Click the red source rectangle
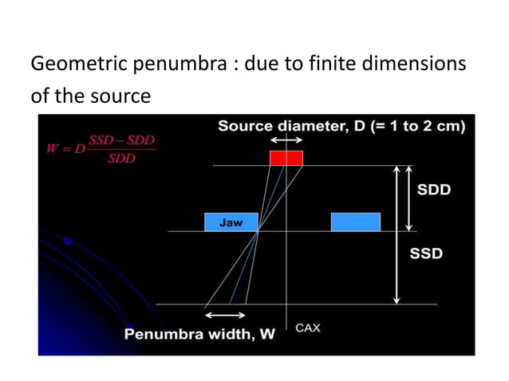point(286,157)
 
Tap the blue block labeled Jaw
point(231,222)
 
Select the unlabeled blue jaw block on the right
point(356,222)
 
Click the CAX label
point(309,328)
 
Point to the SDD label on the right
point(434,190)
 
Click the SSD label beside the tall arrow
point(427,254)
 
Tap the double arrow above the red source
point(286,140)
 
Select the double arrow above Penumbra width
point(224,316)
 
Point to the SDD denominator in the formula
point(121,158)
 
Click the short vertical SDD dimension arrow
point(409,198)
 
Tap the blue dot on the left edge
point(68,241)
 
